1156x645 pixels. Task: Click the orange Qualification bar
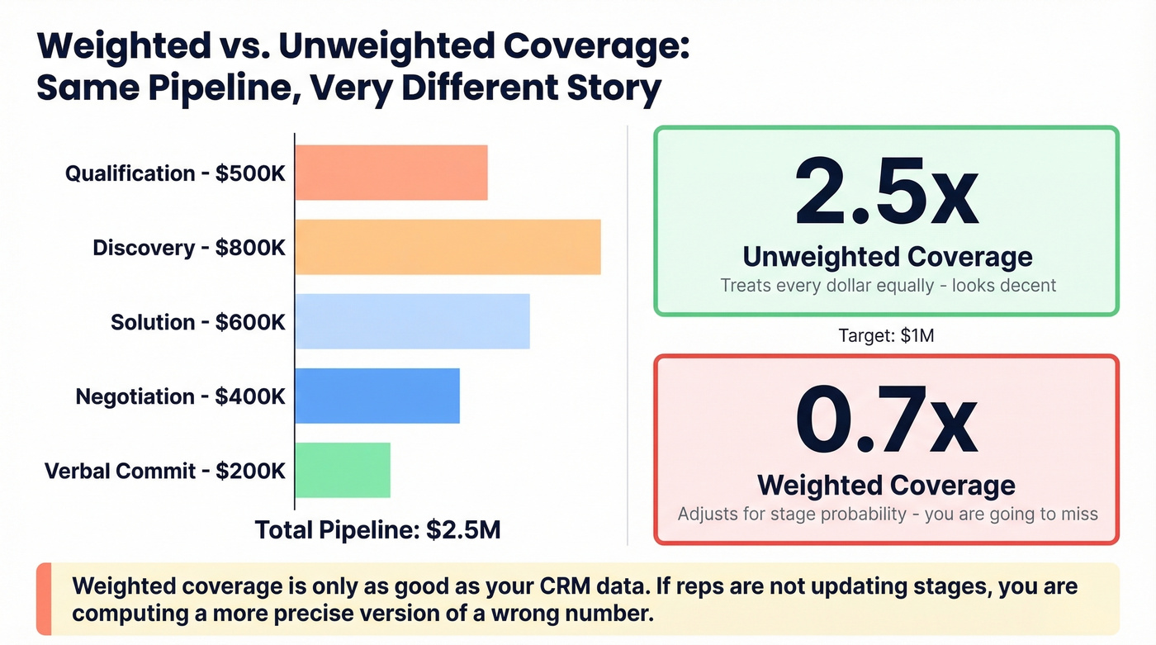391,173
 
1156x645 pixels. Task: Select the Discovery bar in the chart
448,247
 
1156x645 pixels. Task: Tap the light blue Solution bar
412,321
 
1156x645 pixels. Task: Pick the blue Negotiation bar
377,396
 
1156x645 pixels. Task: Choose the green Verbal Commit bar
343,470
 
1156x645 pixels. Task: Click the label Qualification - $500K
176,173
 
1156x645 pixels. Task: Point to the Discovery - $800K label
189,248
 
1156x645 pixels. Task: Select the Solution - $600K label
198,322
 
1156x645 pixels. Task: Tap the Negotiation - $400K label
181,396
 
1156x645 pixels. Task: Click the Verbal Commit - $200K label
165,471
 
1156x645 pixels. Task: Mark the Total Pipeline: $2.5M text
377,529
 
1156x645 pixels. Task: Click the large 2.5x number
886,196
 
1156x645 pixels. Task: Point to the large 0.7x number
886,424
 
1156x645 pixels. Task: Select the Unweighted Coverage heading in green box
887,257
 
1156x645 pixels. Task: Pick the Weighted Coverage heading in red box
887,485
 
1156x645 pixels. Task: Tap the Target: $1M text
886,335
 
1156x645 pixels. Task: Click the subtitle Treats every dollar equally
888,286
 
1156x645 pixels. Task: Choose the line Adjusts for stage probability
888,514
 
